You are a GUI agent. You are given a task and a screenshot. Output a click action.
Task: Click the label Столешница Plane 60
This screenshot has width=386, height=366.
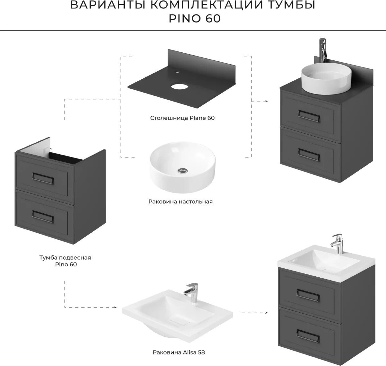(182, 118)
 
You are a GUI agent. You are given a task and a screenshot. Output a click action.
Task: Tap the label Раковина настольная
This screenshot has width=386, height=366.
(180, 201)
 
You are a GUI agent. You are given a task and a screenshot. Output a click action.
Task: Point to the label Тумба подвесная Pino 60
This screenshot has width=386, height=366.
(65, 261)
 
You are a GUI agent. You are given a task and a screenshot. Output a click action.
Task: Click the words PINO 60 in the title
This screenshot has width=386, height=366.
(195, 19)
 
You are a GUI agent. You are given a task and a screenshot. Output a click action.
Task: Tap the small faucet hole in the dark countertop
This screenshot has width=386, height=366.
(178, 72)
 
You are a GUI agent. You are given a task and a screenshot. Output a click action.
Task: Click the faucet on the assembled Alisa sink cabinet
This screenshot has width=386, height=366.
(337, 244)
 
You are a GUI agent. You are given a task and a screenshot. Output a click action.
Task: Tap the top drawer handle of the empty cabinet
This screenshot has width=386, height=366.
(43, 178)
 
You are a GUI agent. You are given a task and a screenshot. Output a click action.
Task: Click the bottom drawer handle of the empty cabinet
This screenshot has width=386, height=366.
(43, 217)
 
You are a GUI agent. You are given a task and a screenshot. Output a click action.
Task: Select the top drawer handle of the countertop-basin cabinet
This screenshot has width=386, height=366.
(309, 116)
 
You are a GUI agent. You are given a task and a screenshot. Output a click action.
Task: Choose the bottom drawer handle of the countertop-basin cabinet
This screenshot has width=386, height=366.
(309, 155)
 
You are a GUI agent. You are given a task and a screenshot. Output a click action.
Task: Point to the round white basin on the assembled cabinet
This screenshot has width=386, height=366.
(326, 78)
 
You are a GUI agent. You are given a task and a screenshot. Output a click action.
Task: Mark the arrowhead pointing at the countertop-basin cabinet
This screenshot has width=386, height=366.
(266, 101)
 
